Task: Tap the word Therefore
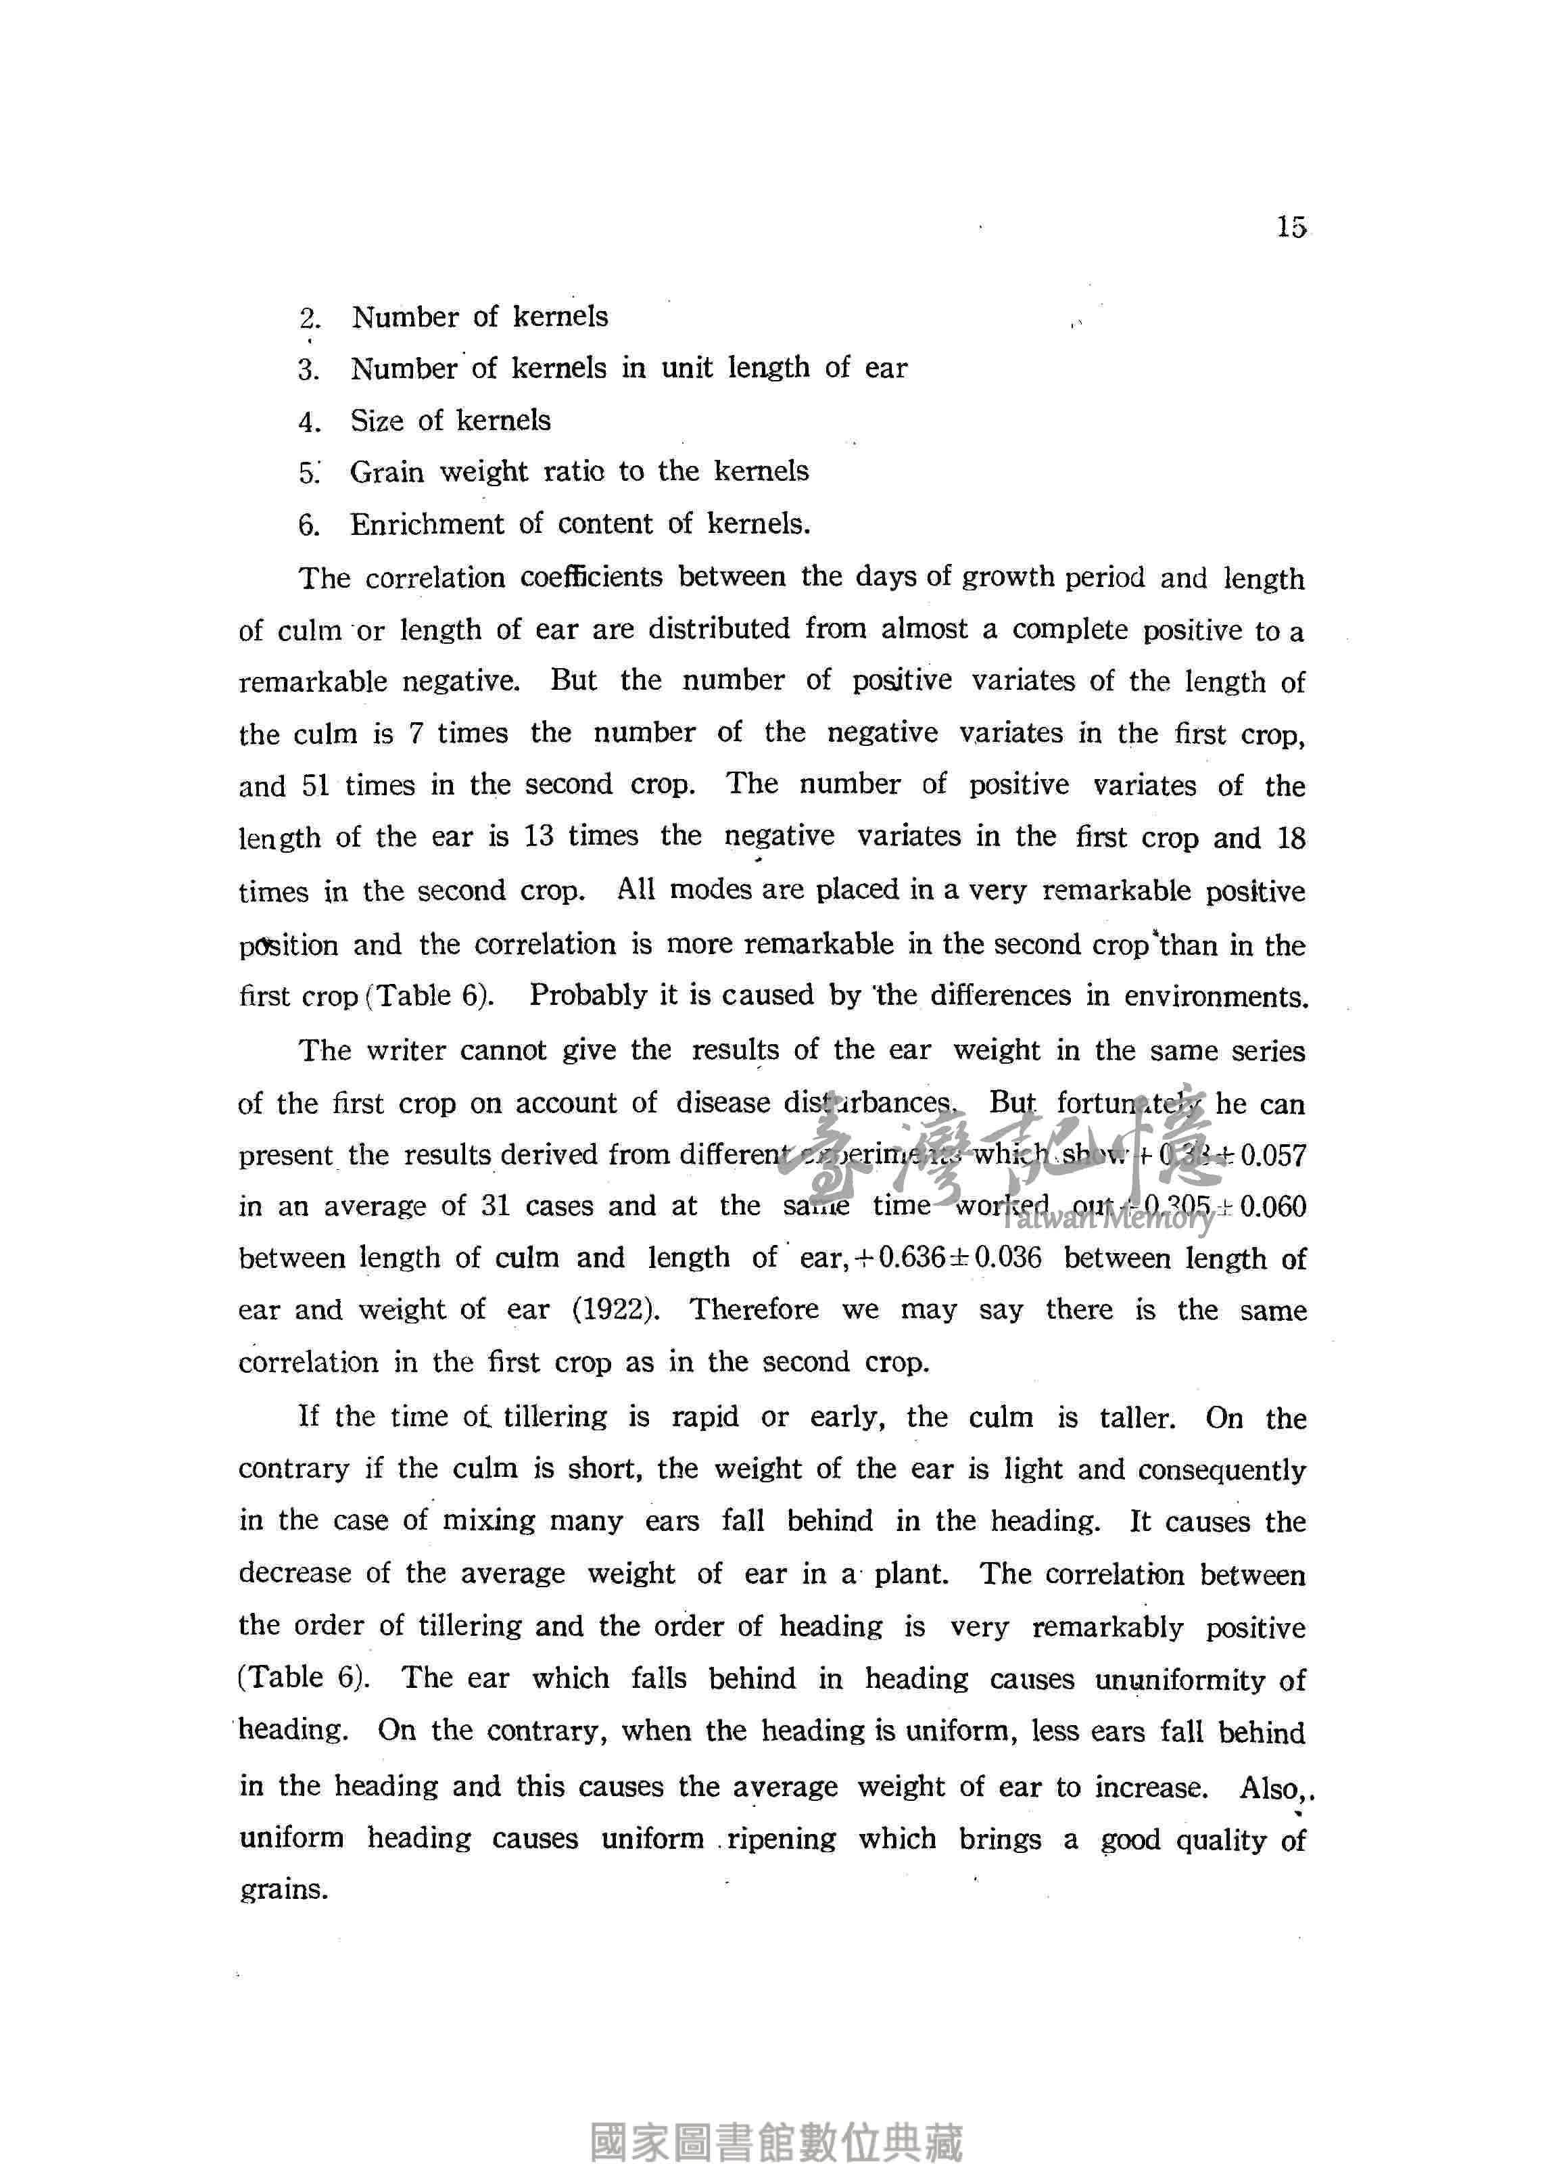pos(754,1309)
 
